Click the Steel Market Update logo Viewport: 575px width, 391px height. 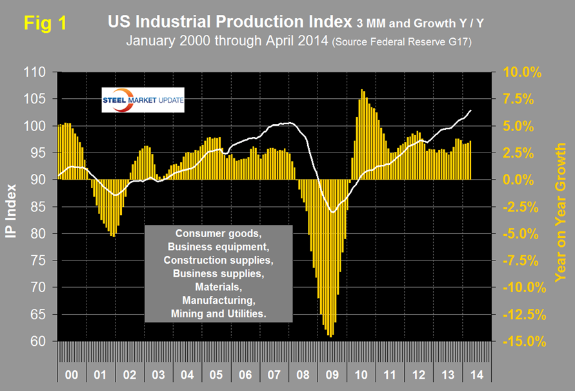[143, 100]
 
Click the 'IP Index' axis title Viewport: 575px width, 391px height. [14, 206]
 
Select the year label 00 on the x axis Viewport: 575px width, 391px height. [72, 373]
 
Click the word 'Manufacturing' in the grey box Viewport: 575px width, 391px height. [219, 301]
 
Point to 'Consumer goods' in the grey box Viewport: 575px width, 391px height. [219, 232]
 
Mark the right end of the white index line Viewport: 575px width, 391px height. [471, 110]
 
